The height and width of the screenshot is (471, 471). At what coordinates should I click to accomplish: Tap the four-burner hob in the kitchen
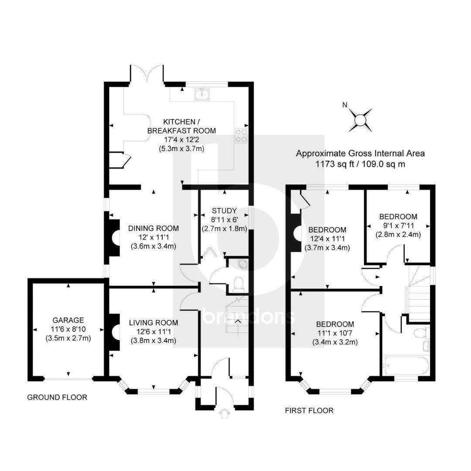[242, 136]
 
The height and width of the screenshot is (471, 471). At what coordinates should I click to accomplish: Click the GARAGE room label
[68, 320]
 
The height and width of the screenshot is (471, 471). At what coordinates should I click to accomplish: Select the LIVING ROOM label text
[154, 323]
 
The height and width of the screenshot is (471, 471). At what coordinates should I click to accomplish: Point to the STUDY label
[224, 211]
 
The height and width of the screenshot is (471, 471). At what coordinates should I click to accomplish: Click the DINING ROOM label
[154, 228]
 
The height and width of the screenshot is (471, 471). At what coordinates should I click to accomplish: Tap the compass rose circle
[360, 120]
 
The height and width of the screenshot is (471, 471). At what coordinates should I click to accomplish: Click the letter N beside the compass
[345, 105]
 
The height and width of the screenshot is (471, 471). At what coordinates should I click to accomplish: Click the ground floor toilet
[239, 284]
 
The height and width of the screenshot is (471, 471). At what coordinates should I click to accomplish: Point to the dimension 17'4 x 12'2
[181, 140]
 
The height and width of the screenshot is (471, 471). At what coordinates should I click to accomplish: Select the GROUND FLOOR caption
[57, 397]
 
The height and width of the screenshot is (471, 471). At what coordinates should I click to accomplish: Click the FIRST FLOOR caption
[309, 411]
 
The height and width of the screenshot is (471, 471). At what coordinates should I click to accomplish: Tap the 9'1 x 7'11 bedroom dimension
[398, 225]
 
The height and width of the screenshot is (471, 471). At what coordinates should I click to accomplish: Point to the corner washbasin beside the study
[242, 263]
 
